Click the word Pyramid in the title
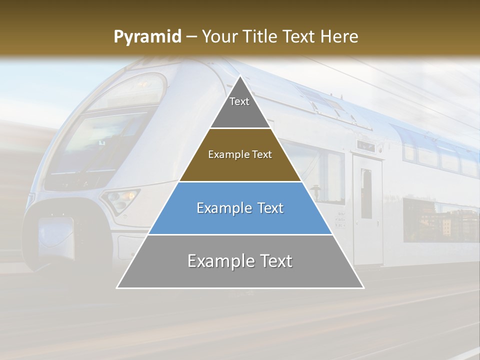[147, 37]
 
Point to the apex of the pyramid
[240, 76]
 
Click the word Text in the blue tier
[269, 208]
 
